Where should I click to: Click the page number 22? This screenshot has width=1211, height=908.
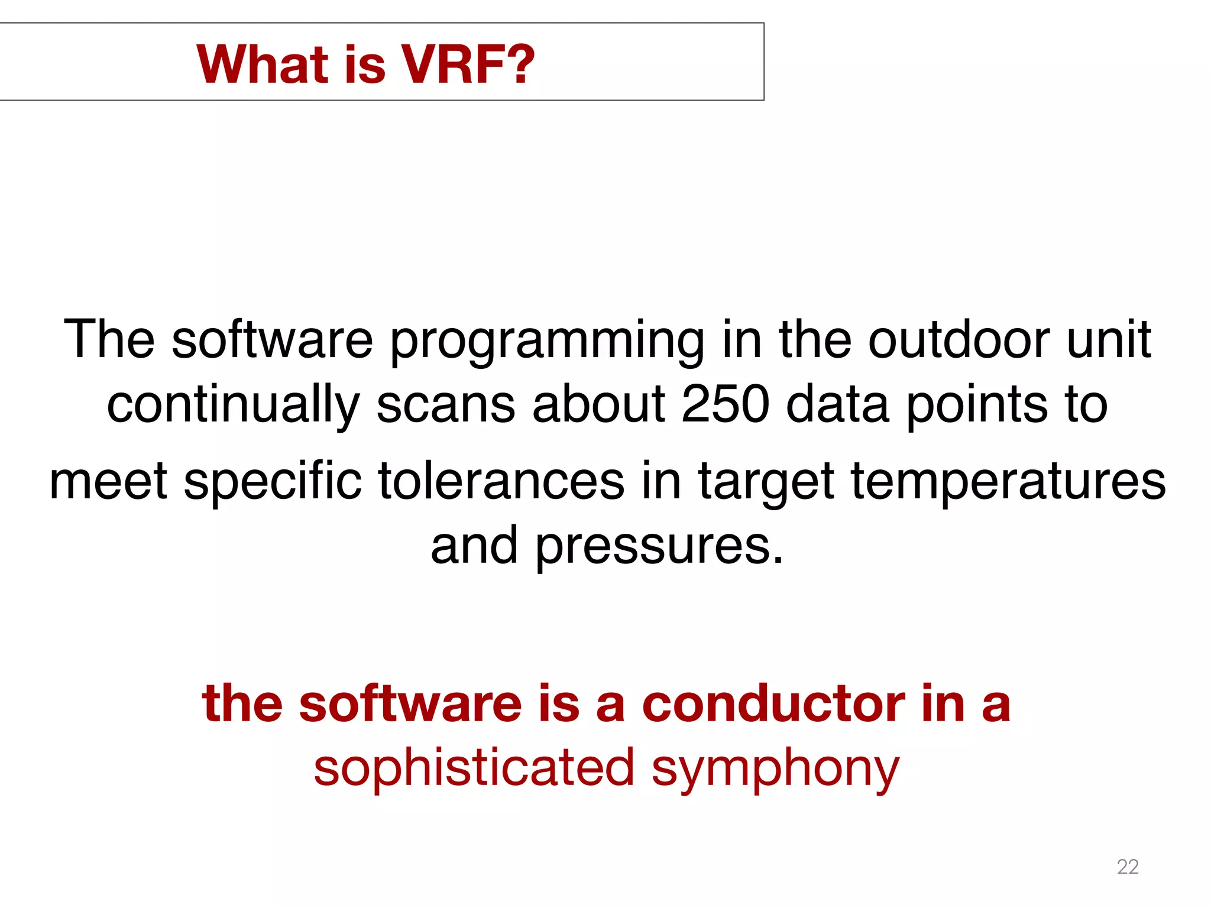[1127, 867]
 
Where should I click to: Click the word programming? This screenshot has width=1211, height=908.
[547, 341]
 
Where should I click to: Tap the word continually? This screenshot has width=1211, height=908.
[233, 406]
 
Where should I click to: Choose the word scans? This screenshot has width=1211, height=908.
[445, 406]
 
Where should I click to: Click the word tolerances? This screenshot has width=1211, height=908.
[501, 481]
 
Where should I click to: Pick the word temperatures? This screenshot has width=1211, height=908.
[1008, 482]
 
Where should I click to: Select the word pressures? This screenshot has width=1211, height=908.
[659, 546]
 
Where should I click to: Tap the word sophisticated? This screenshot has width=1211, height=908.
[474, 768]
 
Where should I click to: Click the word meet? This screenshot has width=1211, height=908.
[108, 481]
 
